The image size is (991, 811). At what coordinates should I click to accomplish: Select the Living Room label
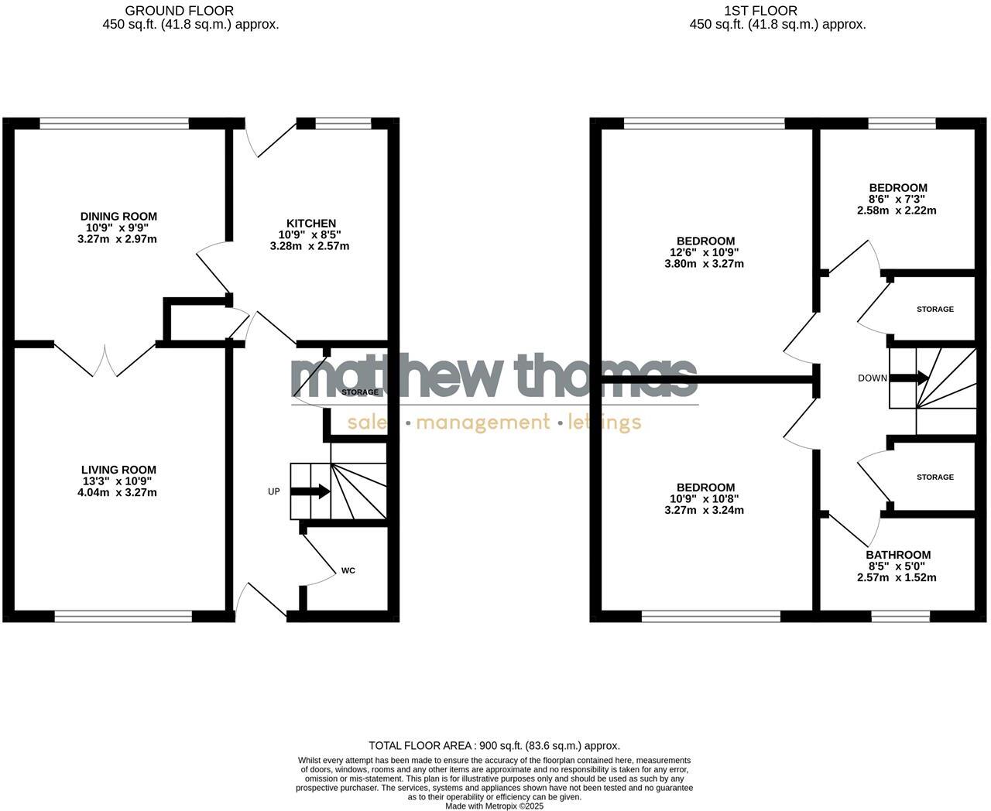(118, 470)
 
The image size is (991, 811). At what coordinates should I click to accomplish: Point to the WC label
(348, 570)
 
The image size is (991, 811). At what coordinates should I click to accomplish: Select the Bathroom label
(897, 555)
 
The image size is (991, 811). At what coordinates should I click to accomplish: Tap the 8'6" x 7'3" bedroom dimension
(897, 199)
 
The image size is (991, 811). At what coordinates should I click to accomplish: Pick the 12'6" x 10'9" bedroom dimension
(704, 252)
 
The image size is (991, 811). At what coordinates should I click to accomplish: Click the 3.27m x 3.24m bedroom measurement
(704, 510)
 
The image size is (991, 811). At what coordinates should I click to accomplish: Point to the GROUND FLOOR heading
(179, 11)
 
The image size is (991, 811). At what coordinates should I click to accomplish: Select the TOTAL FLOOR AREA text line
(494, 746)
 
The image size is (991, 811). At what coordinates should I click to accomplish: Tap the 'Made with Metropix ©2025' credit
(494, 806)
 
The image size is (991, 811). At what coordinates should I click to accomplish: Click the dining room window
(115, 123)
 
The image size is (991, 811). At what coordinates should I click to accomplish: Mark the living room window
(123, 616)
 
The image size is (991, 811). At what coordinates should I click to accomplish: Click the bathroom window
(900, 616)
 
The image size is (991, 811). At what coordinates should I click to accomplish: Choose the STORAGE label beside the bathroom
(934, 477)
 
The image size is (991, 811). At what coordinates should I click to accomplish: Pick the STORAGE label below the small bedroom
(934, 310)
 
